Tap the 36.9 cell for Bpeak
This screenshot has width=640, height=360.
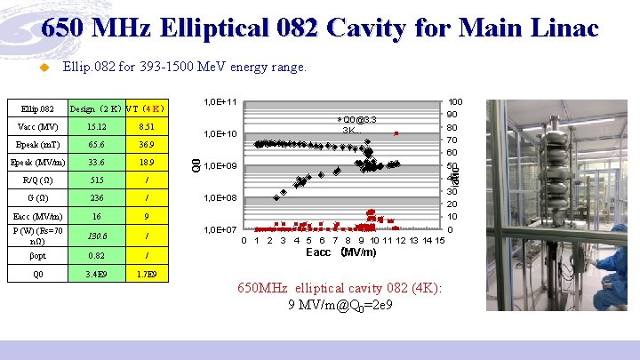(x=146, y=144)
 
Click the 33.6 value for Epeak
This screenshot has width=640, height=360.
(x=97, y=163)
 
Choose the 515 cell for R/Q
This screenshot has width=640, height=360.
(x=97, y=180)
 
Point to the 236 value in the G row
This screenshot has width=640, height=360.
(x=97, y=198)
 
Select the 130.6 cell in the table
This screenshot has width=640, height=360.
(x=97, y=236)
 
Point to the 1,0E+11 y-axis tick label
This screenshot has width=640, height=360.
(x=220, y=102)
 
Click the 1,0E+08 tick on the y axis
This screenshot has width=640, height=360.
(x=220, y=198)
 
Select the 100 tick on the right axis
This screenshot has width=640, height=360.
(x=454, y=102)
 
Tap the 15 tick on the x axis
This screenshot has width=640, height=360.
(x=440, y=240)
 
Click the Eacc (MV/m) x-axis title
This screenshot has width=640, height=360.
(x=342, y=252)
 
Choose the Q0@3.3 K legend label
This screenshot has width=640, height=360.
(x=359, y=124)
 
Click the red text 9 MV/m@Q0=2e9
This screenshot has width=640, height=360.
(x=341, y=305)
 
